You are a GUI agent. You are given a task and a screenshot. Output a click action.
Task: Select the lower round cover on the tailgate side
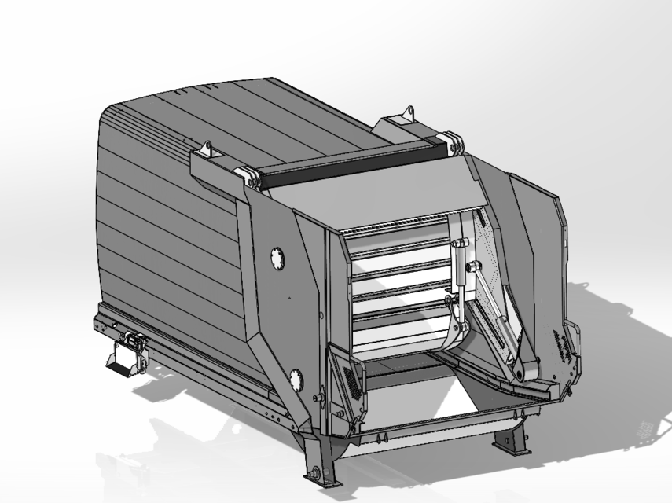coord(297,381)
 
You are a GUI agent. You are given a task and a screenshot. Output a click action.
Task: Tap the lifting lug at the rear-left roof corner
coord(206,149)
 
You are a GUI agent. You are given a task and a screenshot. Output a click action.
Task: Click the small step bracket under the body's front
coord(123,362)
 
